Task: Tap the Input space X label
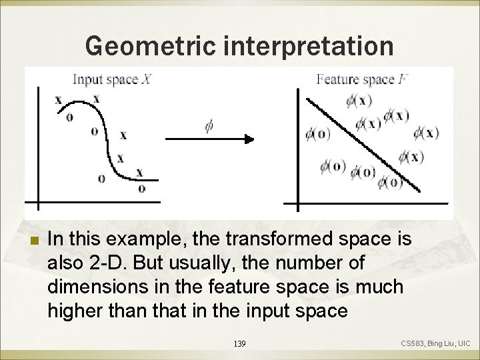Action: click(x=115, y=80)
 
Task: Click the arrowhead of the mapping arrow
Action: click(x=249, y=139)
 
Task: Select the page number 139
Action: click(x=241, y=343)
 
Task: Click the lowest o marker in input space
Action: click(x=141, y=188)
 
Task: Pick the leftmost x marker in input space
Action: click(x=59, y=100)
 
